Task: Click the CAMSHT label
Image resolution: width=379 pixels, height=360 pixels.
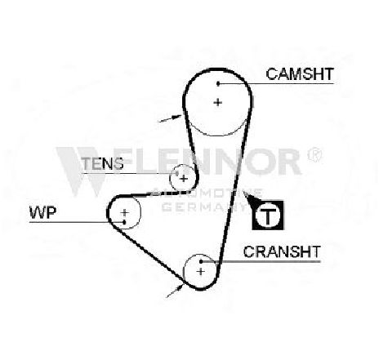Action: pos(300,74)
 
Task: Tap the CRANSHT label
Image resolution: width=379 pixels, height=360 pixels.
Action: pos(282,251)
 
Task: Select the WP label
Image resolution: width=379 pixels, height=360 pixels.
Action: pos(42,212)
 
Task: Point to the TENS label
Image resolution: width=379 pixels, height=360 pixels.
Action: pos(102,163)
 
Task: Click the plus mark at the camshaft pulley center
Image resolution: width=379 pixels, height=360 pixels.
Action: pos(218,103)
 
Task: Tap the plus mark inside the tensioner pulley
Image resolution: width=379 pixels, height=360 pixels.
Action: pos(184,179)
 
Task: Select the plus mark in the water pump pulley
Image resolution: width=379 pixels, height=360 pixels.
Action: pos(125,212)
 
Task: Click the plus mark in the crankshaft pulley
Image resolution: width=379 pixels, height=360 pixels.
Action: pos(201,271)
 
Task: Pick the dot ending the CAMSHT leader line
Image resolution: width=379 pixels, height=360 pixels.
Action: pos(218,83)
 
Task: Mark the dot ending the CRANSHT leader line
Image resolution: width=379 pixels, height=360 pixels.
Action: pos(201,261)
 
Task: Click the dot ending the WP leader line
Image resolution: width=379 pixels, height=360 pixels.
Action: pos(124,222)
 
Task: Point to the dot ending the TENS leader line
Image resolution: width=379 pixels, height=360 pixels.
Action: pos(177,173)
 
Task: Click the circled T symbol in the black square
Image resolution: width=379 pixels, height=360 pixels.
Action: pos(268,216)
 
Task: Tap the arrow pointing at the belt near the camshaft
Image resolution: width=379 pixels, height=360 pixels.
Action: pos(170,118)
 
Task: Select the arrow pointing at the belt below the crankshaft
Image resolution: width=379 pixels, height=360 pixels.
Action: pos(175,291)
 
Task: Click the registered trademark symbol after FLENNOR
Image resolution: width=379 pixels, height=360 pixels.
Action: pos(314,154)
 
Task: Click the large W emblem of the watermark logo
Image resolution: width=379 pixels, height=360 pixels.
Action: pos(81,171)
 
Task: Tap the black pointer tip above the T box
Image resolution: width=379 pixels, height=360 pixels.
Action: pos(244,193)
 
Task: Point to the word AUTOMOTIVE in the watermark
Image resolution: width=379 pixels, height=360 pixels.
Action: pos(207,193)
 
